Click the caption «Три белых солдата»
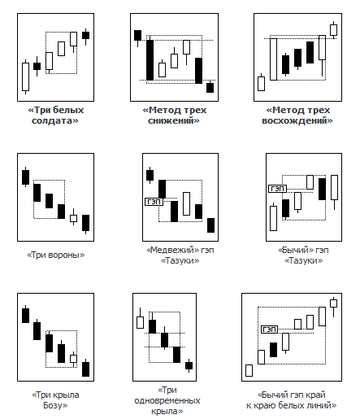[55, 116]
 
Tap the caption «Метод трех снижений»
[174, 116]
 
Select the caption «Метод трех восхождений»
[297, 116]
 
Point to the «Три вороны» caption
[55, 255]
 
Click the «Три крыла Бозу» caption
[55, 400]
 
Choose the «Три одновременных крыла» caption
[167, 400]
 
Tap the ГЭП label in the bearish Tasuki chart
[154, 202]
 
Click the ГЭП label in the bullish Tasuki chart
[277, 189]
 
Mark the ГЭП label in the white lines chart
[269, 330]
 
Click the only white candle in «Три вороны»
[73, 218]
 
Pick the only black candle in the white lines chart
[273, 350]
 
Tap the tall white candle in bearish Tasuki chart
[186, 203]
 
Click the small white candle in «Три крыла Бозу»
[73, 359]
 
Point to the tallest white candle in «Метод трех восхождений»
[274, 59]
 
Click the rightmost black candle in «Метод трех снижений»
[210, 87]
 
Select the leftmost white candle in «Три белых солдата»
[25, 77]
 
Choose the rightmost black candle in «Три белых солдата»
[86, 36]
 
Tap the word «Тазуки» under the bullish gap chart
[304, 260]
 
